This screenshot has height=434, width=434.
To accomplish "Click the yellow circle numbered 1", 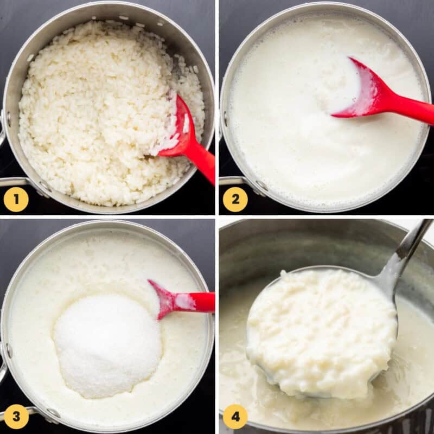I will pos(16,199).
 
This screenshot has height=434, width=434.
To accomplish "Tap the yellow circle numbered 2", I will pos(235,199).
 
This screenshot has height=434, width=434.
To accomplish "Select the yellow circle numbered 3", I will pos(16,417).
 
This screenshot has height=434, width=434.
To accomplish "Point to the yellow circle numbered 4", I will pos(235,417).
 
